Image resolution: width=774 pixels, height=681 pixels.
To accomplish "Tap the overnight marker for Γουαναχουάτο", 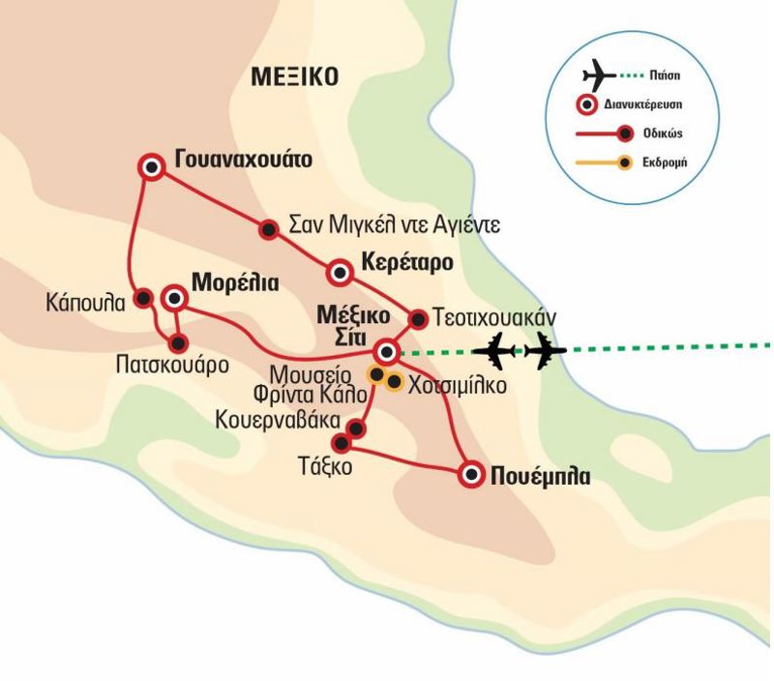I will point(151,167).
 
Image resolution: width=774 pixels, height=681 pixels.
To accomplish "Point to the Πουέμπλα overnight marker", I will point(471,474).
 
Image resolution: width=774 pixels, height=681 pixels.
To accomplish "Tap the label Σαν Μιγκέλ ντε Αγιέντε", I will point(396,227).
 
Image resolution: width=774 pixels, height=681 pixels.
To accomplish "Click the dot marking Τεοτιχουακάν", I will point(418,317).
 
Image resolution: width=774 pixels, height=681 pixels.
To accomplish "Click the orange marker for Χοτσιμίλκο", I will point(394,381).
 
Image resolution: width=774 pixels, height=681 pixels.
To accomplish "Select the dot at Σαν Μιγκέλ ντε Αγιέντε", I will point(267,228).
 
